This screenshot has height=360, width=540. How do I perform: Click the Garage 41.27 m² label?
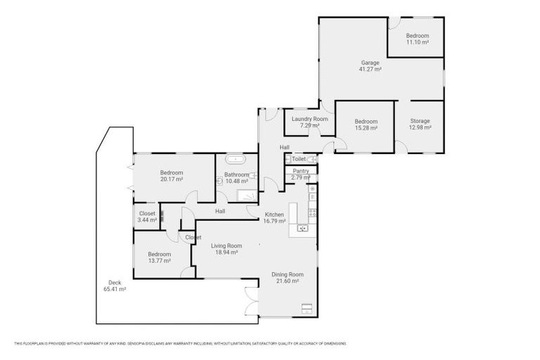tap(370, 66)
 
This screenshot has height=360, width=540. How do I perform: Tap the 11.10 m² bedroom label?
tap(417, 39)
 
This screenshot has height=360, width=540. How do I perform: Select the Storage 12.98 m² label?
tap(420, 124)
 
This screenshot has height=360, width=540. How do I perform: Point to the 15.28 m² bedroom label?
tap(366, 124)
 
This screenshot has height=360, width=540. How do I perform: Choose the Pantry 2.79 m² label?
tap(300, 174)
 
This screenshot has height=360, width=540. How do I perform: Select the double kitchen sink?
tap(302, 228)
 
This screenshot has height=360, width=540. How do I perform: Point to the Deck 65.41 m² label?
tap(114, 285)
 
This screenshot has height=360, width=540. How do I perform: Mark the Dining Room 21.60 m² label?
tap(288, 277)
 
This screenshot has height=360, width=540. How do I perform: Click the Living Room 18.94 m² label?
tap(227, 249)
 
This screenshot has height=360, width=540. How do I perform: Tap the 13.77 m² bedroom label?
tap(159, 257)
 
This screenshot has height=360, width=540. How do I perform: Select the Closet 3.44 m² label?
tap(147, 217)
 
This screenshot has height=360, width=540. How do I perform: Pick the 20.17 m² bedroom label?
tap(171, 176)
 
